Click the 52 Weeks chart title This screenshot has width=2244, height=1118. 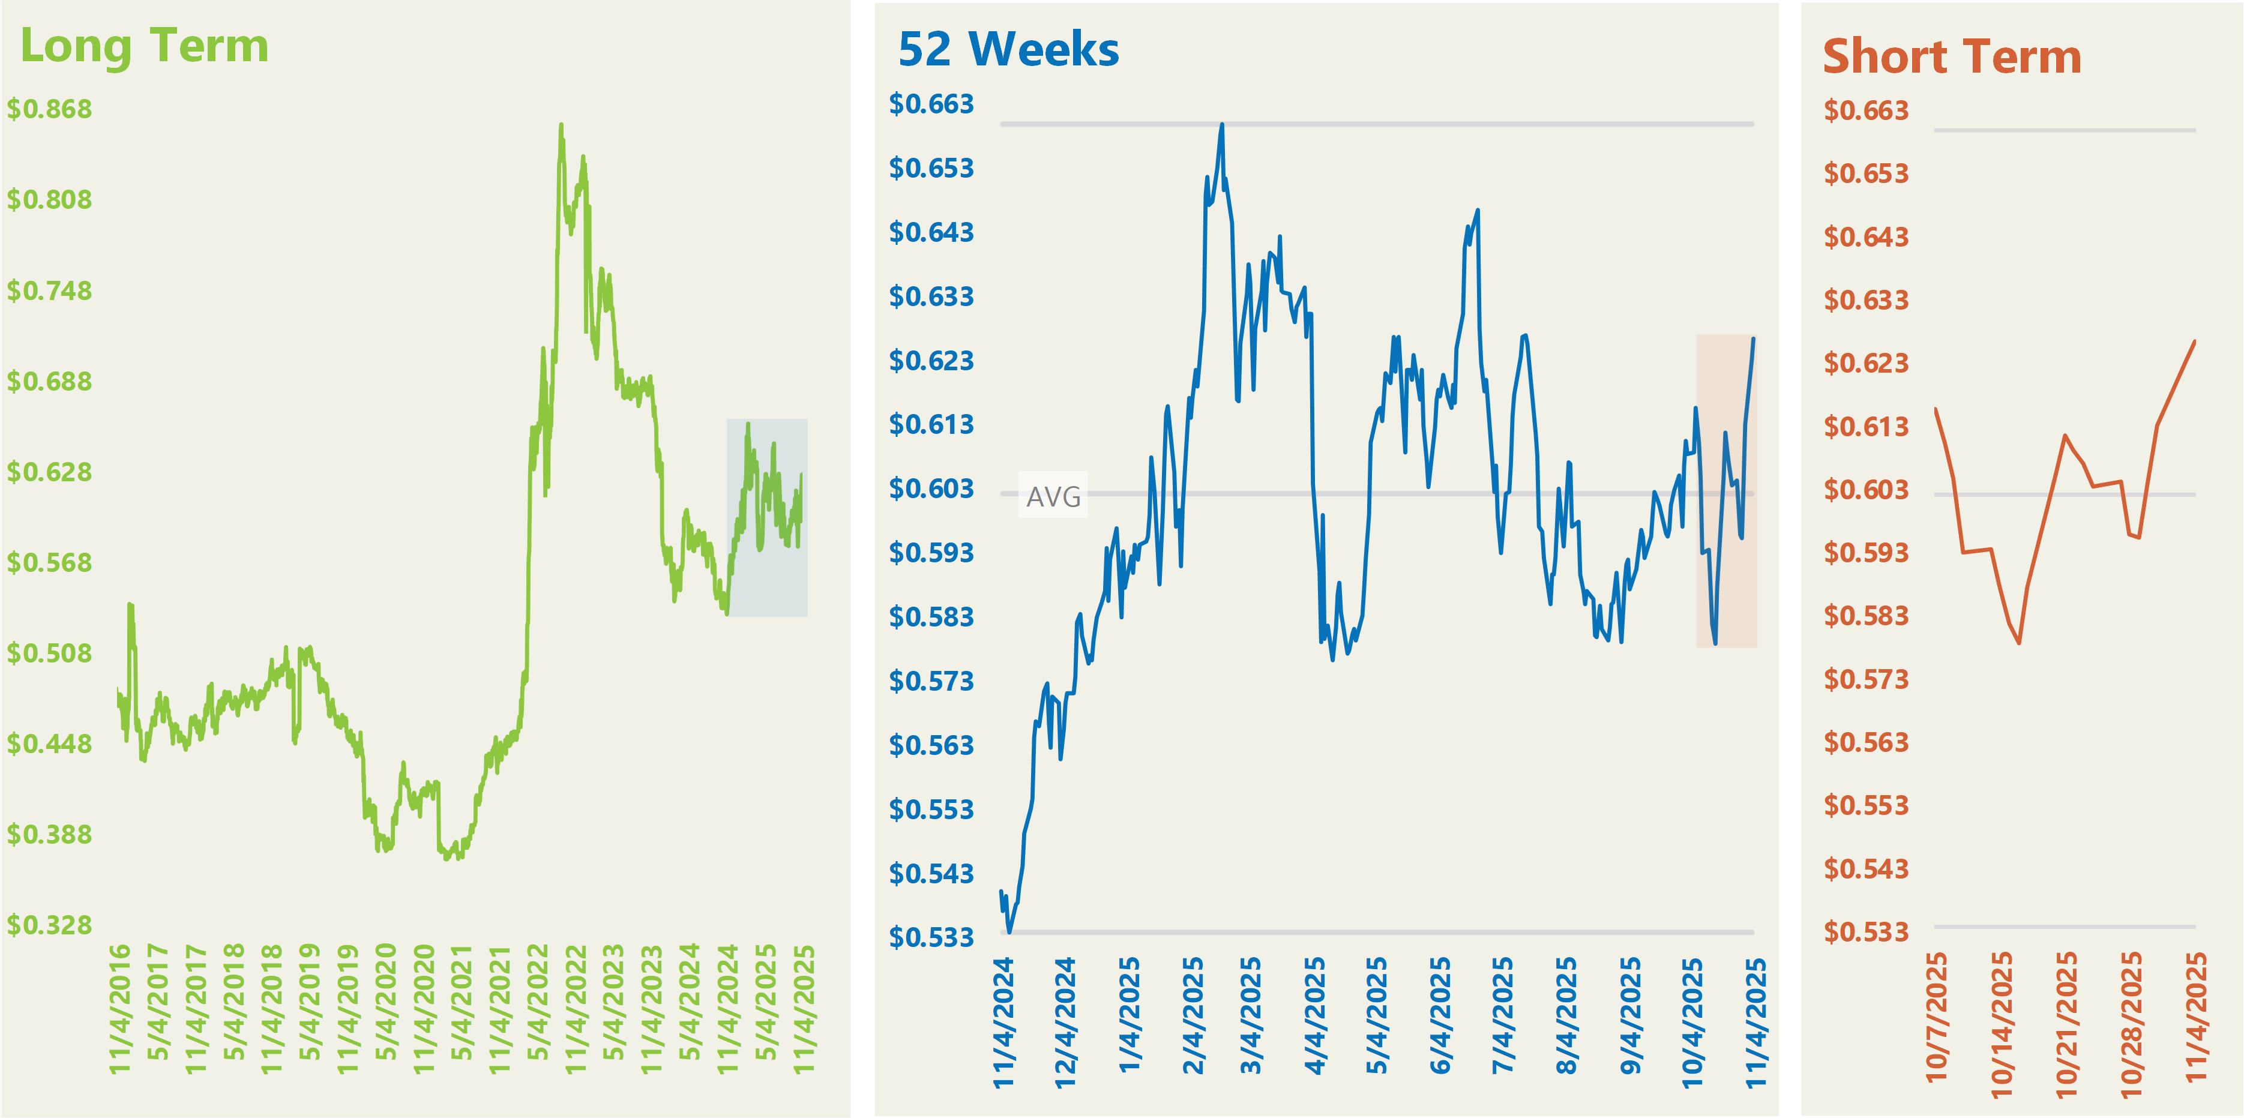(x=1008, y=50)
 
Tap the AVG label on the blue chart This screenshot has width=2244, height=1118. (x=1053, y=496)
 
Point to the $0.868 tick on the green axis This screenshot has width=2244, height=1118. (x=50, y=109)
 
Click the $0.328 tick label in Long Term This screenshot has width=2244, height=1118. (x=50, y=925)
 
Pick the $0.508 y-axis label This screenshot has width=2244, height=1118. (x=50, y=653)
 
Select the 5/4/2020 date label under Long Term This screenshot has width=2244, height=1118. (x=386, y=1002)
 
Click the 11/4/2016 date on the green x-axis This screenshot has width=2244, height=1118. (x=119, y=1008)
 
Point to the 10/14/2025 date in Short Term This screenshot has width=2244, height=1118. (x=2002, y=1024)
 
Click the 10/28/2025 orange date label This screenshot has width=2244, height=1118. (x=2131, y=1024)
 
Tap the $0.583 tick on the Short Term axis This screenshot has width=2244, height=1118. (x=1866, y=616)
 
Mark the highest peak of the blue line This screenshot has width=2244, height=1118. (x=1222, y=124)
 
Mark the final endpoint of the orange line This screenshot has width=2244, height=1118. (x=2194, y=341)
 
